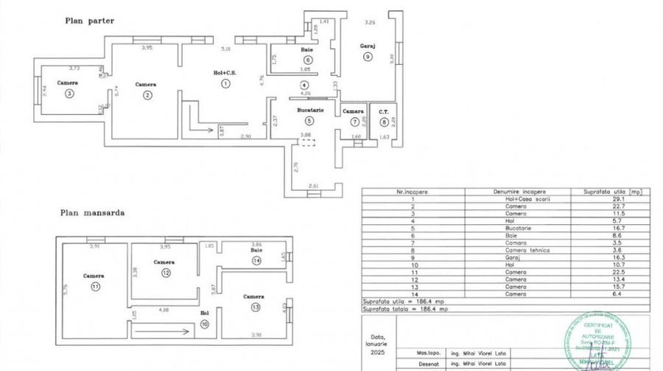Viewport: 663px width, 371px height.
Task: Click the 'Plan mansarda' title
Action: tap(92, 212)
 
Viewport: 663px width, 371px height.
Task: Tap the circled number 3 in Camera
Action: tap(69, 94)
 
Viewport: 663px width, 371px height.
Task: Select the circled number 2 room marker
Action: tap(147, 94)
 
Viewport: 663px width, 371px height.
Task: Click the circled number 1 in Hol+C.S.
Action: tap(225, 83)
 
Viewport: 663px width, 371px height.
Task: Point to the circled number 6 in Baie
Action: tap(307, 60)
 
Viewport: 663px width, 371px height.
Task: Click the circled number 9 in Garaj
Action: tap(368, 57)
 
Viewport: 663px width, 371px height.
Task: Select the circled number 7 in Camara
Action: tap(355, 122)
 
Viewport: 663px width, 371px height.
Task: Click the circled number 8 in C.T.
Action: tap(384, 122)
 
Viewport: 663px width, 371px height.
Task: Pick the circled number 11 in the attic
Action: tap(95, 286)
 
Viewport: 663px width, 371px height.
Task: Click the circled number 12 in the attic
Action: tap(165, 272)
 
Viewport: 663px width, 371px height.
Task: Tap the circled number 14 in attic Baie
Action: tap(256, 260)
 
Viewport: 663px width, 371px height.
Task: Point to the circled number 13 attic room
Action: tap(255, 307)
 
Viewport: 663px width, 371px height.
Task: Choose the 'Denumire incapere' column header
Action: tap(516, 190)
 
